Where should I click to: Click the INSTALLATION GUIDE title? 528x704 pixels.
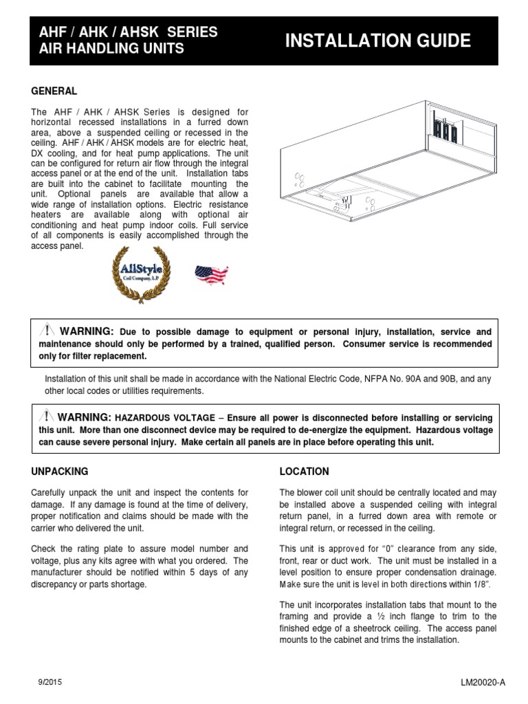377,41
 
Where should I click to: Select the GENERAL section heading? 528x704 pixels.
54,91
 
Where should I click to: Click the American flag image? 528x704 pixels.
212,275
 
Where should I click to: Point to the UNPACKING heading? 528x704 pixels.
60,472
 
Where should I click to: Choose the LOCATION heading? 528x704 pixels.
304,472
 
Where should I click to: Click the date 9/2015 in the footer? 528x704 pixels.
49,680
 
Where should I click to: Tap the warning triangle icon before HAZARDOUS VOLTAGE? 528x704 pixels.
47,417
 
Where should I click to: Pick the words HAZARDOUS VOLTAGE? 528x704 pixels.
155,418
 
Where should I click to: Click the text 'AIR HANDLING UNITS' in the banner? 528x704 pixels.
111,49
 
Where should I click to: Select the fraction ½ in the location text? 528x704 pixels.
415,617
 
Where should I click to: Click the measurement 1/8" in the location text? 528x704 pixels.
483,584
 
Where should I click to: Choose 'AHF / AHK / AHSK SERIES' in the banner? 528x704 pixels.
127,32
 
